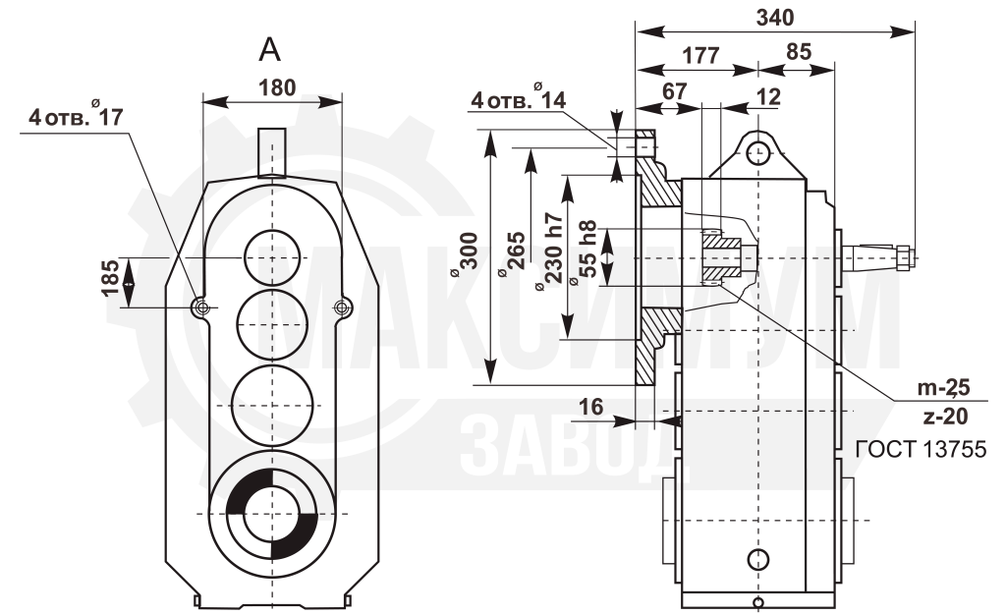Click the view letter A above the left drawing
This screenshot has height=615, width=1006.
click(x=269, y=49)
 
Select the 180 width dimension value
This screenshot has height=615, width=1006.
click(x=277, y=87)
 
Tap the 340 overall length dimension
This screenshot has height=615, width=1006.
click(x=775, y=18)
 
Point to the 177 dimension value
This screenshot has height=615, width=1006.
click(x=700, y=55)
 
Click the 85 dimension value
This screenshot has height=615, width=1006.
click(x=799, y=52)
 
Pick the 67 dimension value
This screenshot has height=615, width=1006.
click(x=674, y=91)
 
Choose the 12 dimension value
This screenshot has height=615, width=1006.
click(x=768, y=97)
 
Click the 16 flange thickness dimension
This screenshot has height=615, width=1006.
click(x=590, y=407)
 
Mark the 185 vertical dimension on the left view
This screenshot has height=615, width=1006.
click(x=110, y=278)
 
